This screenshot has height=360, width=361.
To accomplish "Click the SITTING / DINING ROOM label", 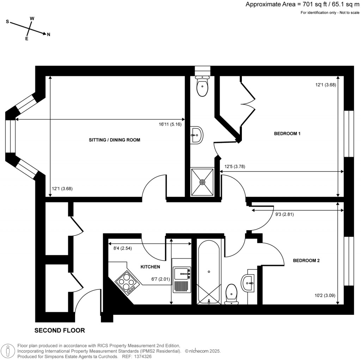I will coord(115,140).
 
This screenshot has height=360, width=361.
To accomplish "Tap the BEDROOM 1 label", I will coord(287,134).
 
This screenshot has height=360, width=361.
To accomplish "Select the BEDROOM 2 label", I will coord(306,261).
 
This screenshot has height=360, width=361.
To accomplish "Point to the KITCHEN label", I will coord(151,267).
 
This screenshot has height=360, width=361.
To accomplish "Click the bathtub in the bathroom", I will coord(209,272).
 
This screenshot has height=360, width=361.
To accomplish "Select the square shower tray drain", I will coord(202,182).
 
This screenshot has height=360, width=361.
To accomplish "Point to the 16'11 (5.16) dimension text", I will coord(170,124).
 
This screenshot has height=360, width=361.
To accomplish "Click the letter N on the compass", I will coord(49,35).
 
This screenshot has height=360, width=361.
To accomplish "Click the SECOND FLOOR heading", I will coord(60,331).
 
